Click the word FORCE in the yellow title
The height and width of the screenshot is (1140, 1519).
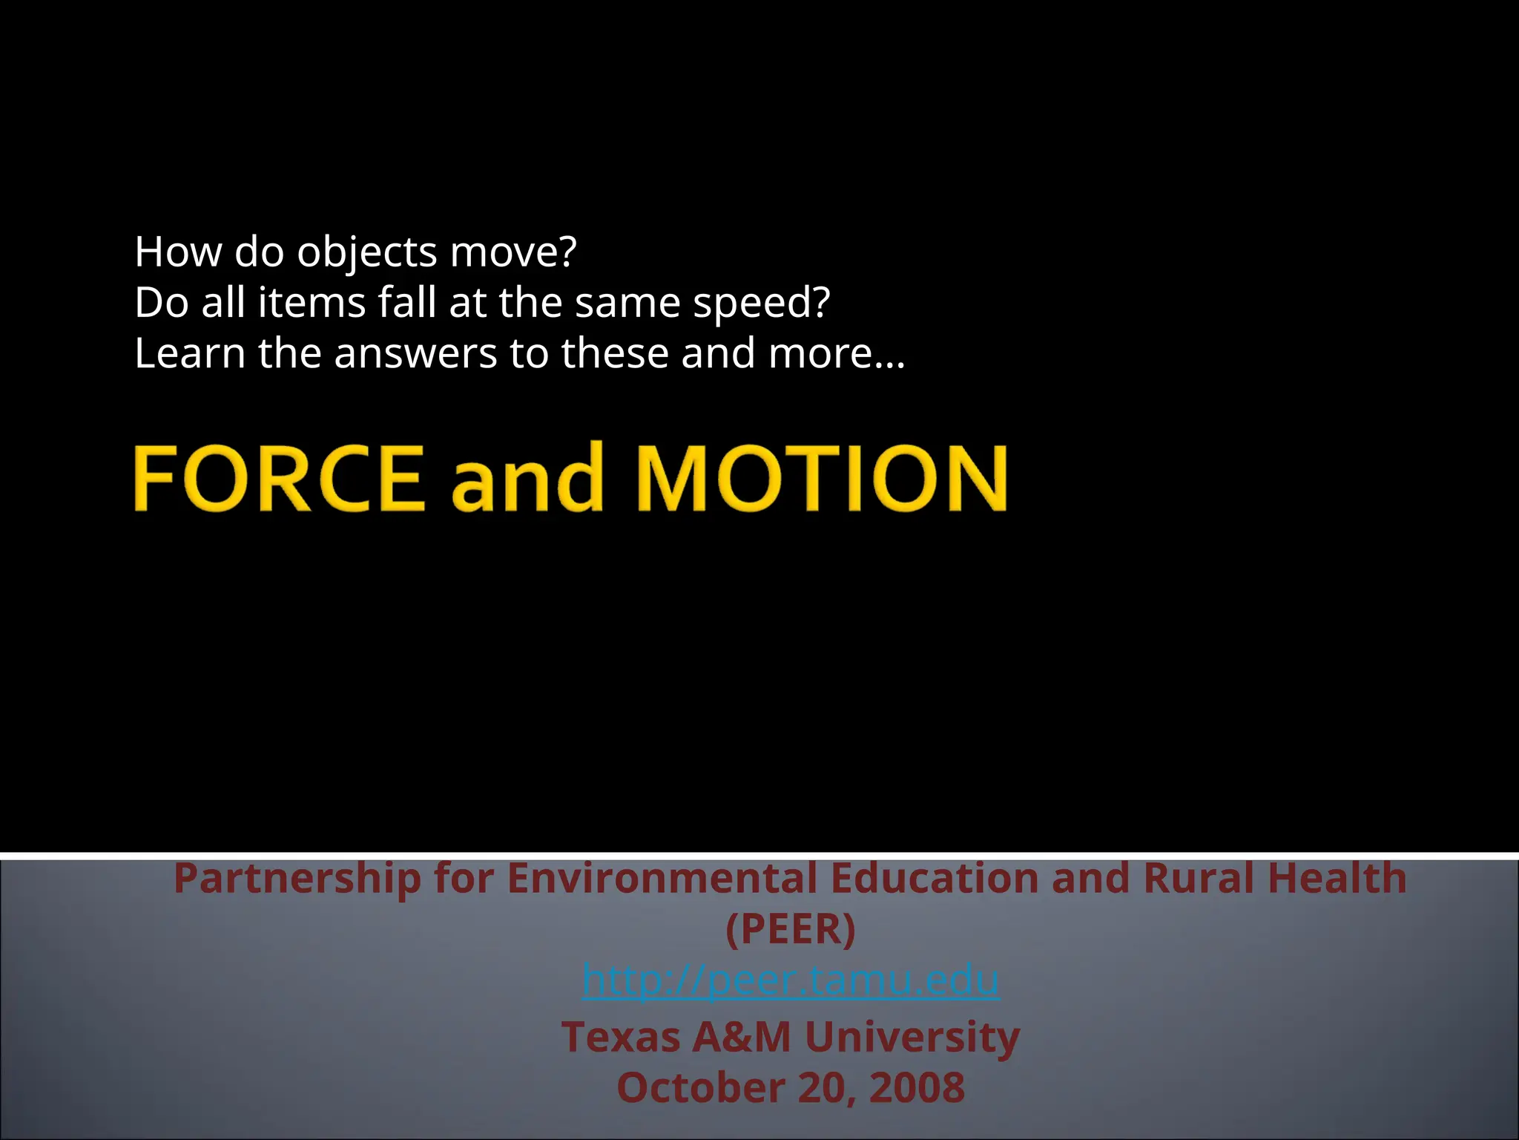click(x=279, y=477)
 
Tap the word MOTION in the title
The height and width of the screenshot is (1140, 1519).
click(x=822, y=477)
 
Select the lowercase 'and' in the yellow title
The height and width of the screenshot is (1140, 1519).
click(x=527, y=479)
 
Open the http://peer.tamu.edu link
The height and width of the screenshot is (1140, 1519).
click(x=791, y=980)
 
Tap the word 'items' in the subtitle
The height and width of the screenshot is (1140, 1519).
click(x=312, y=303)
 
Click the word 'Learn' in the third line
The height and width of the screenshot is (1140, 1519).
click(x=190, y=353)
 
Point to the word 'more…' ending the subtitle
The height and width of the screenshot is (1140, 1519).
click(x=837, y=353)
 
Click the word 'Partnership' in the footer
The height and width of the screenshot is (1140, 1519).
click(x=297, y=879)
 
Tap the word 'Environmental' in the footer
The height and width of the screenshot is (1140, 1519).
click(x=662, y=879)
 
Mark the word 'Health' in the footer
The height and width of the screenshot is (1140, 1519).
click(x=1337, y=879)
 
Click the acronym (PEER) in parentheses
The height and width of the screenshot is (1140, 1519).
click(x=791, y=929)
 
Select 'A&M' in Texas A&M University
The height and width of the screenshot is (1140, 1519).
click(x=742, y=1038)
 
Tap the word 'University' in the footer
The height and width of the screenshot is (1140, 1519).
click(x=912, y=1038)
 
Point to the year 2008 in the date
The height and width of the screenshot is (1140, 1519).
click(x=917, y=1088)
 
